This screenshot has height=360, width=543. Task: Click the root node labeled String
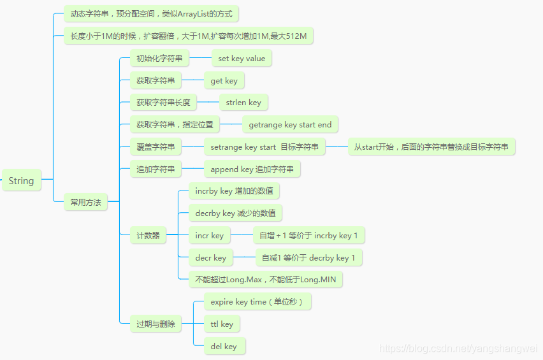click(x=21, y=181)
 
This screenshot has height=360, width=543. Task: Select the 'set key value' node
click(x=242, y=59)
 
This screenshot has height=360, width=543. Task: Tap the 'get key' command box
click(x=224, y=81)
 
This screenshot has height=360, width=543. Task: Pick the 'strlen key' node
click(x=243, y=102)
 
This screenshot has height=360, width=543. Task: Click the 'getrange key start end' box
click(x=290, y=125)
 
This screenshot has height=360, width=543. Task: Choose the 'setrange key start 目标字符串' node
click(x=264, y=147)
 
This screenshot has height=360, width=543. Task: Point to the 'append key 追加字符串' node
click(x=252, y=169)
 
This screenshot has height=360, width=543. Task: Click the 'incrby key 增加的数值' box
click(x=235, y=191)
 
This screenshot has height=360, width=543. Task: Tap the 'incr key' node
click(x=209, y=236)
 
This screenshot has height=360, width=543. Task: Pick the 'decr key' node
click(x=210, y=258)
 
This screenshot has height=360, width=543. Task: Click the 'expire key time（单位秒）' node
click(x=257, y=302)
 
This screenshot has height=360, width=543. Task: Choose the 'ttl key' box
click(x=222, y=324)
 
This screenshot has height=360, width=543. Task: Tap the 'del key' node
click(x=224, y=347)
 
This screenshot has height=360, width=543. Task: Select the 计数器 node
click(x=148, y=236)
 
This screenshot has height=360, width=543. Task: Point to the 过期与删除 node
click(x=156, y=324)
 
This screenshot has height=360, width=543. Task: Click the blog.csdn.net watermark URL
click(x=458, y=349)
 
